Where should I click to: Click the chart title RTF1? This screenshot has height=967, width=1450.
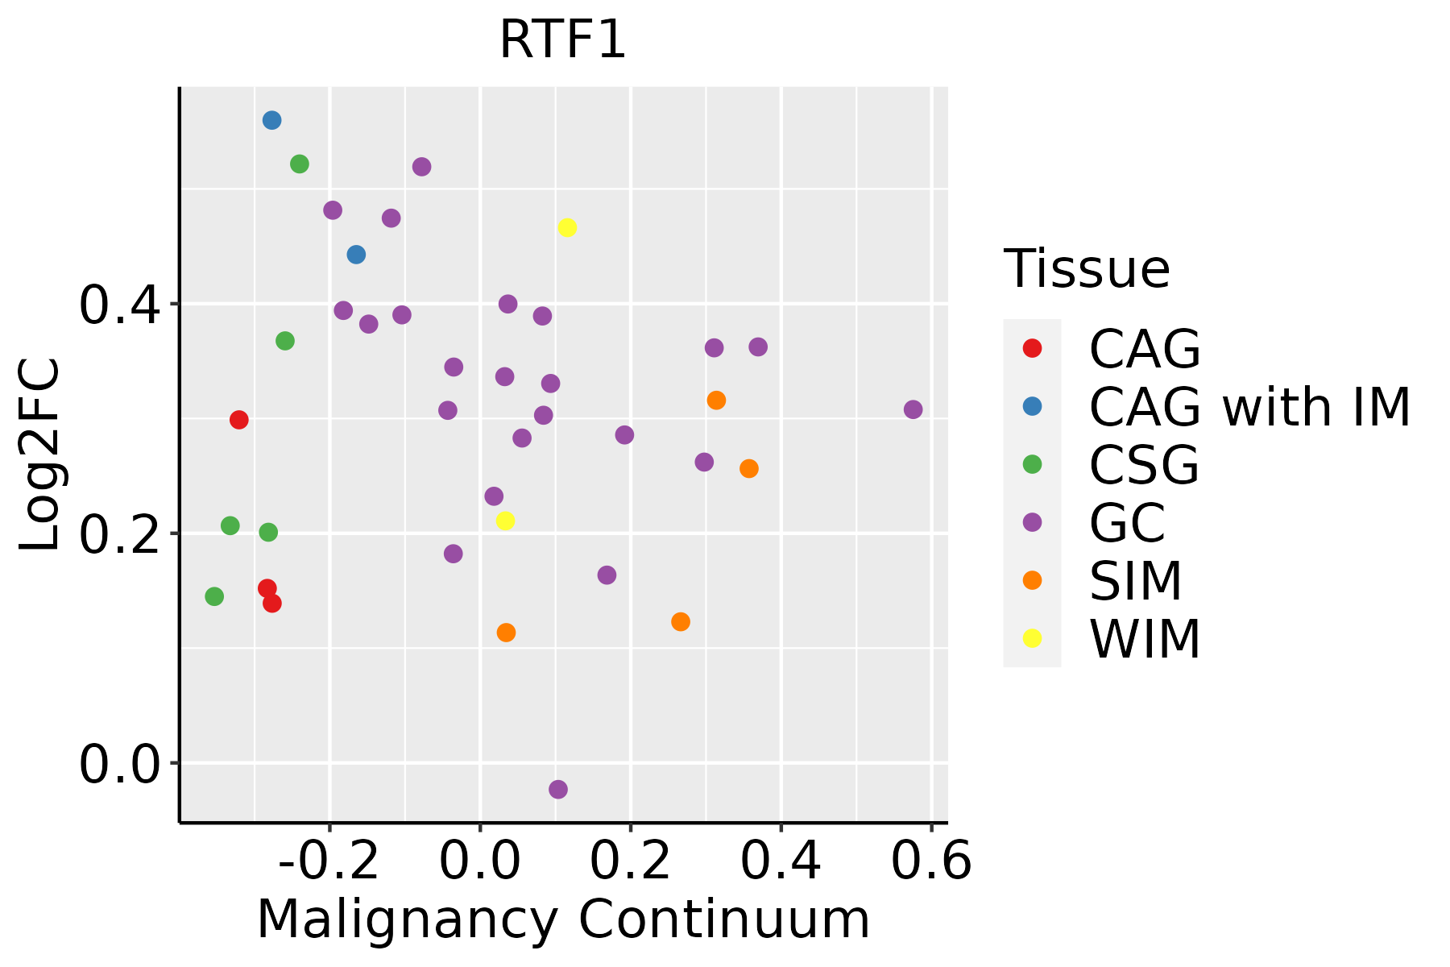coord(562,39)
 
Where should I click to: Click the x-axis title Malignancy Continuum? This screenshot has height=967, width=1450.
coord(563,919)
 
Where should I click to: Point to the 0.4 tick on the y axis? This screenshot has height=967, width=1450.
coord(119,305)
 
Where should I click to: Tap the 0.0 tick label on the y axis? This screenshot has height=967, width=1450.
coord(119,764)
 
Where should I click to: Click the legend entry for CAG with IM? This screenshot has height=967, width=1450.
coord(1249,407)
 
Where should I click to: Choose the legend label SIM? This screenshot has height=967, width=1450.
coord(1136,581)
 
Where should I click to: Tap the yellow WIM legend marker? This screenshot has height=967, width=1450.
coord(1031,638)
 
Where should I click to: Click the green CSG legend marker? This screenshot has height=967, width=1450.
coord(1031,464)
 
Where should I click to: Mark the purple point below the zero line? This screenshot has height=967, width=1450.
coord(558,789)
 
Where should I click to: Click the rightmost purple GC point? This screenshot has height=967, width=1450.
coord(913,409)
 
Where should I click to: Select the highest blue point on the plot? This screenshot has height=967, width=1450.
coord(271,120)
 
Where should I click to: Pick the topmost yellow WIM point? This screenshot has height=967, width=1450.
coord(567,227)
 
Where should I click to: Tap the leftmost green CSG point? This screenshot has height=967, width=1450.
coord(214,596)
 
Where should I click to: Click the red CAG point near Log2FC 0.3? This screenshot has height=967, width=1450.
coord(238,420)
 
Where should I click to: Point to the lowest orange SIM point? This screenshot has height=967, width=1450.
coord(506,633)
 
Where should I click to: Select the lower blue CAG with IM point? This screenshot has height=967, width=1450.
coord(356,255)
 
